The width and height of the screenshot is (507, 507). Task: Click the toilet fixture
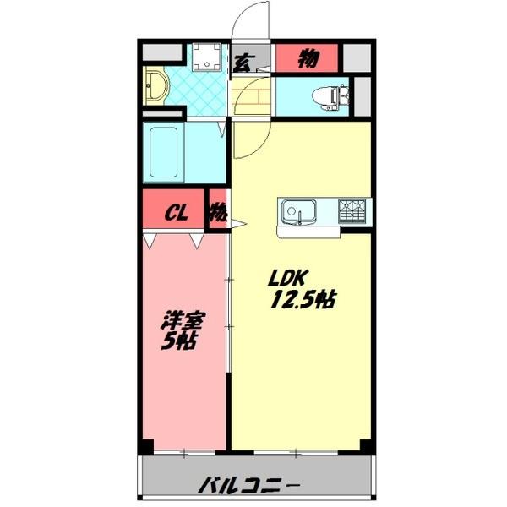point(330,97)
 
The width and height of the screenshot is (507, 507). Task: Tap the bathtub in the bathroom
point(164,152)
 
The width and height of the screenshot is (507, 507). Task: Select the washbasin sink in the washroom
point(155,86)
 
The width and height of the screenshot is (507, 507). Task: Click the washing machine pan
point(207,57)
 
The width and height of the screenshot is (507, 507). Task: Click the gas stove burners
point(352,211)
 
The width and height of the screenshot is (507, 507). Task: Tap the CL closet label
point(177,213)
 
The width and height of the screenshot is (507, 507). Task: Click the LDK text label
point(286,278)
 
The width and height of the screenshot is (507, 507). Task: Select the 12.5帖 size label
point(303,299)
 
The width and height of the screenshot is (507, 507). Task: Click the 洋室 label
point(183,320)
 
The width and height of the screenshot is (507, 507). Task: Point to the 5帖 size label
point(179,341)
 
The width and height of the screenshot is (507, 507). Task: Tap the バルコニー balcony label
point(248,484)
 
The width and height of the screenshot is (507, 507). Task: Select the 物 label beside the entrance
point(308,58)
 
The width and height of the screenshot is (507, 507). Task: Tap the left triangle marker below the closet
point(150,241)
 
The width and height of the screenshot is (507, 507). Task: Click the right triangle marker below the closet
point(197,241)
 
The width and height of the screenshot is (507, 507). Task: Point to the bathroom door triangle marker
point(221,128)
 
